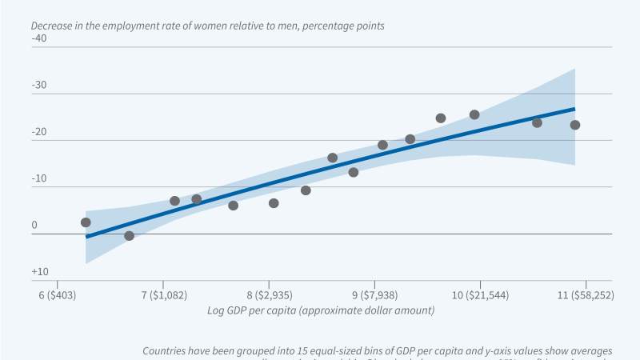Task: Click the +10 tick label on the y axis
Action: tap(39, 273)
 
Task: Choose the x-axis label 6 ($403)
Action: tap(57, 295)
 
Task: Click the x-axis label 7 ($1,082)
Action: tap(163, 295)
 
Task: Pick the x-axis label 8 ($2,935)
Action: tap(270, 295)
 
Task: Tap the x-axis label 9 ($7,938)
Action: tap(375, 295)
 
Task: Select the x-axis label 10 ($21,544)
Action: tap(480, 295)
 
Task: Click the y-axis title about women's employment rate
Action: tap(207, 25)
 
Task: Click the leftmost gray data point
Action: tap(86, 222)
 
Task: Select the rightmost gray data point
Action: tap(574, 125)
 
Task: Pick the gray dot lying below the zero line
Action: tap(129, 236)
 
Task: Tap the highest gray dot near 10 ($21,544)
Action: tap(474, 114)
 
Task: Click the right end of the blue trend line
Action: tap(574, 109)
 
